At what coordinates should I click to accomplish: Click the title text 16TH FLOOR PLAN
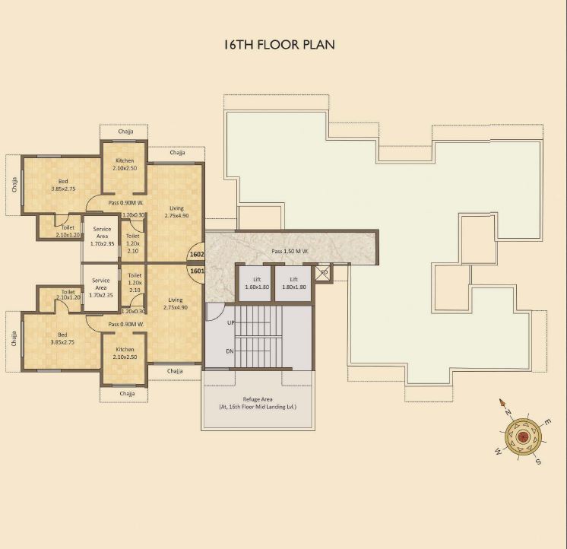(x=279, y=45)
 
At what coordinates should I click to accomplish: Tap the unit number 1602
(x=197, y=255)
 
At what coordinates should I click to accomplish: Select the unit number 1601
(x=197, y=271)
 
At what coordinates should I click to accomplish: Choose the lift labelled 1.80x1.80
(x=293, y=284)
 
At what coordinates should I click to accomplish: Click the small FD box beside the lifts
(x=323, y=272)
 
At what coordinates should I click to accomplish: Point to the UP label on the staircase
(x=231, y=322)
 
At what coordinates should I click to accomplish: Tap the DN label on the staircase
(x=231, y=351)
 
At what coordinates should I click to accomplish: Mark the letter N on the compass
(x=508, y=412)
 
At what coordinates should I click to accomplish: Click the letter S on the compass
(x=537, y=462)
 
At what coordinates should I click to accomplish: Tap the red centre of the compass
(x=523, y=436)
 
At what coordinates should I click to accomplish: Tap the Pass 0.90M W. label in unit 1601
(x=126, y=325)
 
